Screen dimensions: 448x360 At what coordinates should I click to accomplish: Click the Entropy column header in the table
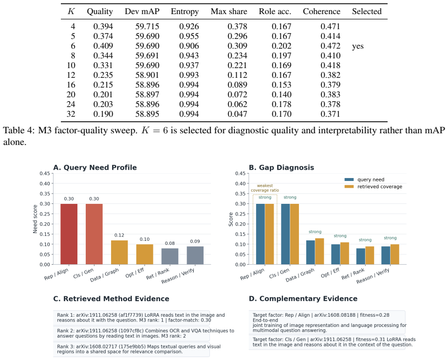pos(185,11)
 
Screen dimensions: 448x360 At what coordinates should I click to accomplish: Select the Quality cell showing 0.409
pos(103,46)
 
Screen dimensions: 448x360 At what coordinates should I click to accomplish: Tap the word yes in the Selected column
pos(358,46)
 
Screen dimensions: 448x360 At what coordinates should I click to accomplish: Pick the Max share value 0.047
pos(237,114)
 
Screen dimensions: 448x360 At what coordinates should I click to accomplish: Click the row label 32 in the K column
pos(71,114)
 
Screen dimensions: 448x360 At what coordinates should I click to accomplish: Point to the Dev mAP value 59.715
pos(148,27)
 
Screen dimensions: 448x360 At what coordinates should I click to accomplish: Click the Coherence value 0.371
pos(330,114)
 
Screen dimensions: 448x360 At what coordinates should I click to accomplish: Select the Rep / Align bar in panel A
pos(69,234)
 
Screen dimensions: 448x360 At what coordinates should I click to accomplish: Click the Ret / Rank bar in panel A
pos(170,256)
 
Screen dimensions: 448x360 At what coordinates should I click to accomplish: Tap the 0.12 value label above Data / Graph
pos(119,235)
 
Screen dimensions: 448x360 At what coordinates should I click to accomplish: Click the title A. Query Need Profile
pos(95,167)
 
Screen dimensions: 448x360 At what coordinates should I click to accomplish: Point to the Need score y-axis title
pos(35,219)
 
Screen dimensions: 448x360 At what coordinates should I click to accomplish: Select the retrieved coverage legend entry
pos(373,187)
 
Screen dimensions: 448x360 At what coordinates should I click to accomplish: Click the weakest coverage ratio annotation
pos(265,188)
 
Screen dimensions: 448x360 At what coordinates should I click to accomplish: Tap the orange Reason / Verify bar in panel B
pos(394,254)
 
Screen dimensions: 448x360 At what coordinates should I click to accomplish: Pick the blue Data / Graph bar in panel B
pos(311,252)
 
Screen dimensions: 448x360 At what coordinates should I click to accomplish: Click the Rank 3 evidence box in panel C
pos(131,349)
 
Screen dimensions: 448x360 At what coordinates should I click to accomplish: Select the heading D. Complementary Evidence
pos(303,299)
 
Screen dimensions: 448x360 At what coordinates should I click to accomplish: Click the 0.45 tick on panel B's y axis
pos(240,174)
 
